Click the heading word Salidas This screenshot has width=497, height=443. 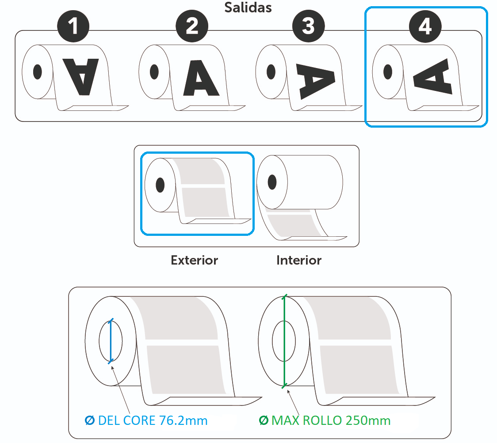click(x=248, y=7)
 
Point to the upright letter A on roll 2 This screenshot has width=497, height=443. click(x=200, y=77)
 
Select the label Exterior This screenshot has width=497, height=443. click(x=195, y=260)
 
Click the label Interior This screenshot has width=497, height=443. click(x=299, y=260)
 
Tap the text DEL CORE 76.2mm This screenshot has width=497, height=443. click(x=153, y=420)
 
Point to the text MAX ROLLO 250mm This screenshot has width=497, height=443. click(x=331, y=420)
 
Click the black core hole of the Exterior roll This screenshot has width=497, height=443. click(x=160, y=185)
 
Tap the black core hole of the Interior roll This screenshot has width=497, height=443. click(x=272, y=181)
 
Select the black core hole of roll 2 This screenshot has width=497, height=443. click(x=154, y=72)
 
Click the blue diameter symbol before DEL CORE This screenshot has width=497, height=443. click(x=89, y=420)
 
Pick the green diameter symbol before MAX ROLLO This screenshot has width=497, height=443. click(x=263, y=420)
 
